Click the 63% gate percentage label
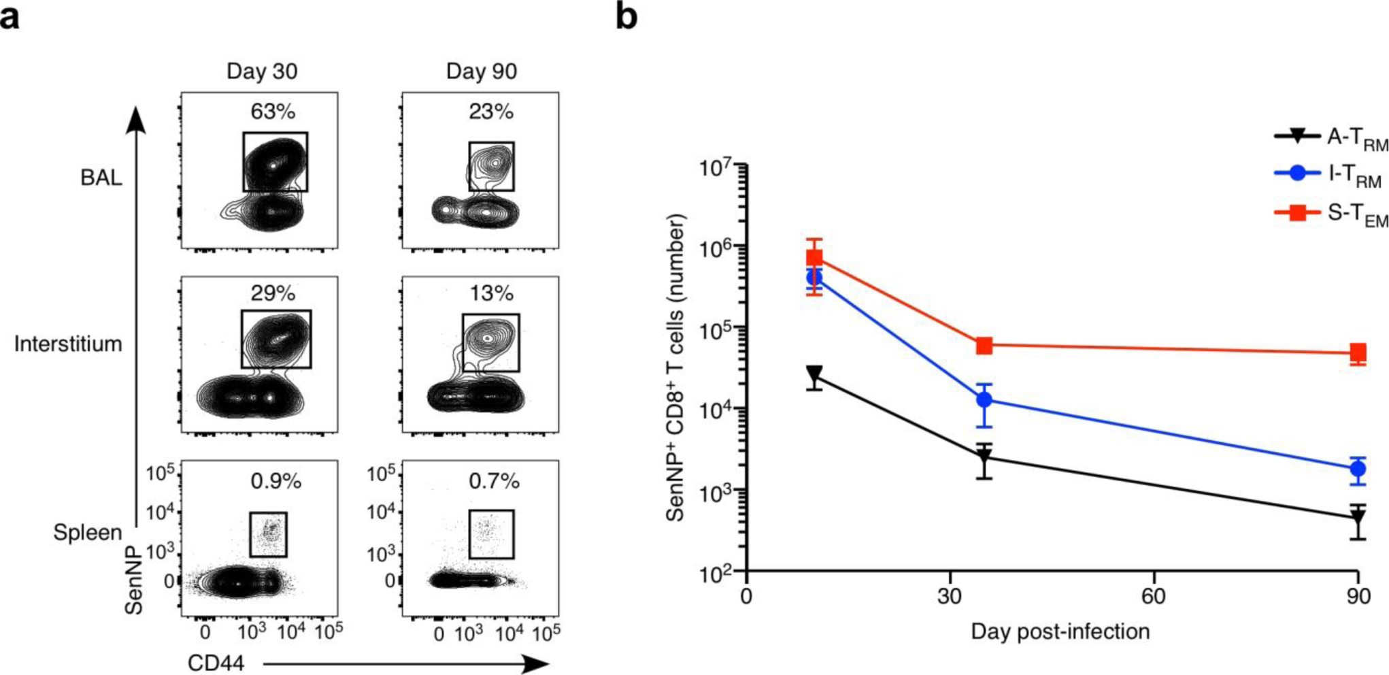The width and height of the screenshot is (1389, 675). tap(272, 111)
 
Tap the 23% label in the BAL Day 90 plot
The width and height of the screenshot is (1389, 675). tap(490, 111)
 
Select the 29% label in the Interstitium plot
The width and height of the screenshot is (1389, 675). tap(272, 293)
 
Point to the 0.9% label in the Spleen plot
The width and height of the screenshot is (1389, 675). tap(275, 481)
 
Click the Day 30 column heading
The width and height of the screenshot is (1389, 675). tap(262, 71)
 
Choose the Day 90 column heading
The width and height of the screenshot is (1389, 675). tap(482, 71)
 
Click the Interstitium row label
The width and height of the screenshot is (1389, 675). tap(68, 344)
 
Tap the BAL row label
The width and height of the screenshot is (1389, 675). tap(101, 178)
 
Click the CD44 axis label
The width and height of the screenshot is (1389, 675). tap(216, 663)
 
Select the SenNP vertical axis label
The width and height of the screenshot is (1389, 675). tap(134, 580)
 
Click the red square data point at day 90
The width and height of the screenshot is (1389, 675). tap(1358, 352)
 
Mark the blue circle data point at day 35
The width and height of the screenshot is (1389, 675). tap(984, 400)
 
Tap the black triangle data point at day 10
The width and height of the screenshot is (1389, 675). tap(814, 374)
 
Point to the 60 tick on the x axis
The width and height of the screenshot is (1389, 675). tap(1154, 597)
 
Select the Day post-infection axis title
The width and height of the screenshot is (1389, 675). tap(1060, 631)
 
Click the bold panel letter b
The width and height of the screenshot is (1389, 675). tap(626, 16)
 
